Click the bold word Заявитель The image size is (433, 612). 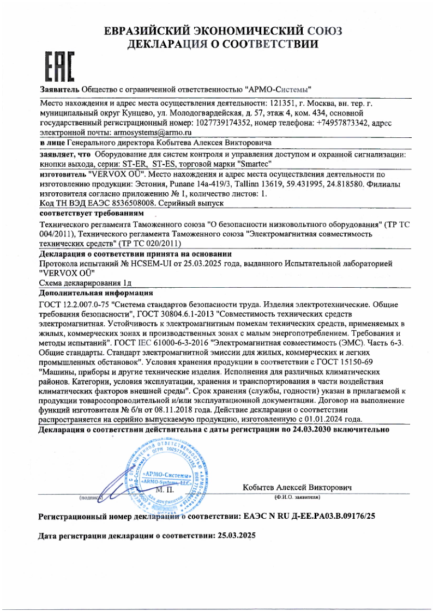(x=60, y=89)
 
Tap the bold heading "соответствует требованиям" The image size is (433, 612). (x=91, y=212)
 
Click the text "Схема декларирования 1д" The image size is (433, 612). (x=85, y=283)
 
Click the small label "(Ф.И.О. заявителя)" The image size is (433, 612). (x=297, y=498)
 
